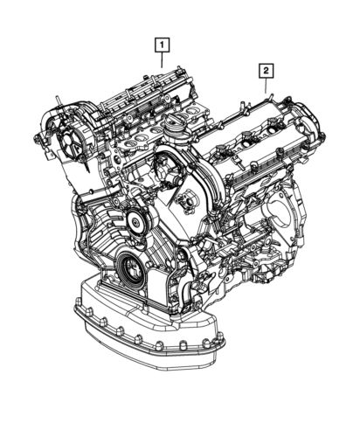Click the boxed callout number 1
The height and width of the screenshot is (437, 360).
162,41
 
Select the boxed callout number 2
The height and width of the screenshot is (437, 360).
265,68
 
